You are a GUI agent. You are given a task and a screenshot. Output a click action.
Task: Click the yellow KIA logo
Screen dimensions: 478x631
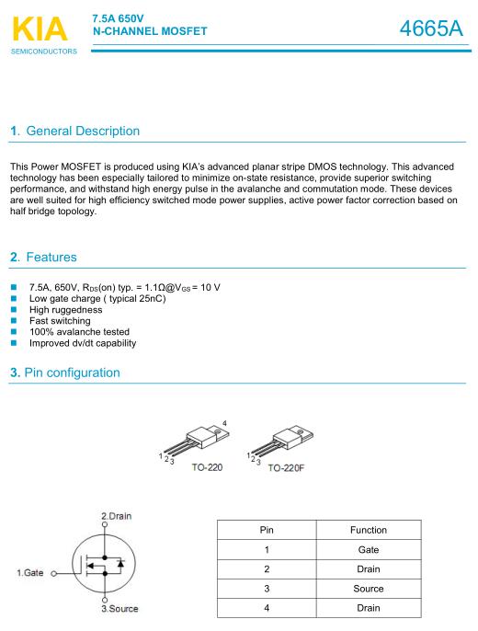(40, 29)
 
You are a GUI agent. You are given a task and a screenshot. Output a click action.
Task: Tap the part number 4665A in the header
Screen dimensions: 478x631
(431, 29)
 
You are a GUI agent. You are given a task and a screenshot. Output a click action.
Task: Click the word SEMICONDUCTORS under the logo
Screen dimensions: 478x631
(44, 52)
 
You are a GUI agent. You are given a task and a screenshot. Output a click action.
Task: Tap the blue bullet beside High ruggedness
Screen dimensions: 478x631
(14, 309)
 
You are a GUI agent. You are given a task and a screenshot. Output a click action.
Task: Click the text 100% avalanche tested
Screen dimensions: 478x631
(79, 332)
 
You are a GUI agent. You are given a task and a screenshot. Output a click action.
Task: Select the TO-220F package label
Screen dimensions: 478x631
(286, 468)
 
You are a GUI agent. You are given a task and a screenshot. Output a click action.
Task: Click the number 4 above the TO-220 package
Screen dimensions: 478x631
(224, 423)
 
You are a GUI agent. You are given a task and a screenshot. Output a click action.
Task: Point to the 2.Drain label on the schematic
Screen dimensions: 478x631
(116, 516)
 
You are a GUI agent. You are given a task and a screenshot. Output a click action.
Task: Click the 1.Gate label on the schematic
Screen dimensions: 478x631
(30, 573)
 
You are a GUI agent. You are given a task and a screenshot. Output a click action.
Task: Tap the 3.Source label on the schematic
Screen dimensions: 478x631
(119, 609)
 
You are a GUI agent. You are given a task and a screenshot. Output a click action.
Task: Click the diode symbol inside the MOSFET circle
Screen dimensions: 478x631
(120, 563)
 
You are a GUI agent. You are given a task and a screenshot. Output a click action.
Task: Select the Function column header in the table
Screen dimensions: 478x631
(369, 530)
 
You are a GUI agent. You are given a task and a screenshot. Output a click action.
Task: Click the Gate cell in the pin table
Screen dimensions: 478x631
(369, 550)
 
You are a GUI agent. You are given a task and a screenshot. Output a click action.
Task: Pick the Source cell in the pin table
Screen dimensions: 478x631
(369, 589)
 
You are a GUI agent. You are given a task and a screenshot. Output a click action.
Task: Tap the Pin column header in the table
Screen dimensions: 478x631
(267, 530)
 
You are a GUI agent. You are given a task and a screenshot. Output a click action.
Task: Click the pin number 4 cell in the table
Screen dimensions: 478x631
(267, 608)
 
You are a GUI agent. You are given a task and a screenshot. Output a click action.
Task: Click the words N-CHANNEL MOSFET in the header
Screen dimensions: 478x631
(150, 31)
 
